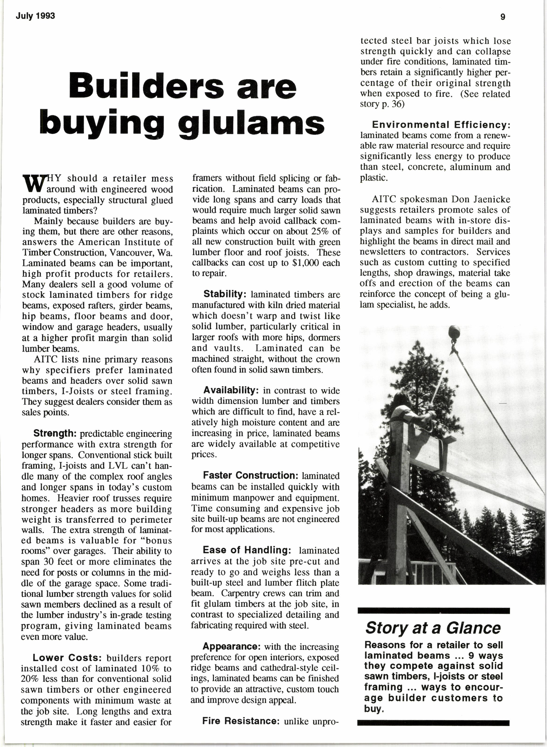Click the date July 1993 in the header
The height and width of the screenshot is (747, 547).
[x=35, y=16]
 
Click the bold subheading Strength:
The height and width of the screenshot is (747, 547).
[x=55, y=433]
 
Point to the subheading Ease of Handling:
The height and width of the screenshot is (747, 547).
[x=247, y=550]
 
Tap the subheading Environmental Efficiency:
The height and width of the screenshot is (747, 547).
[x=441, y=125]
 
